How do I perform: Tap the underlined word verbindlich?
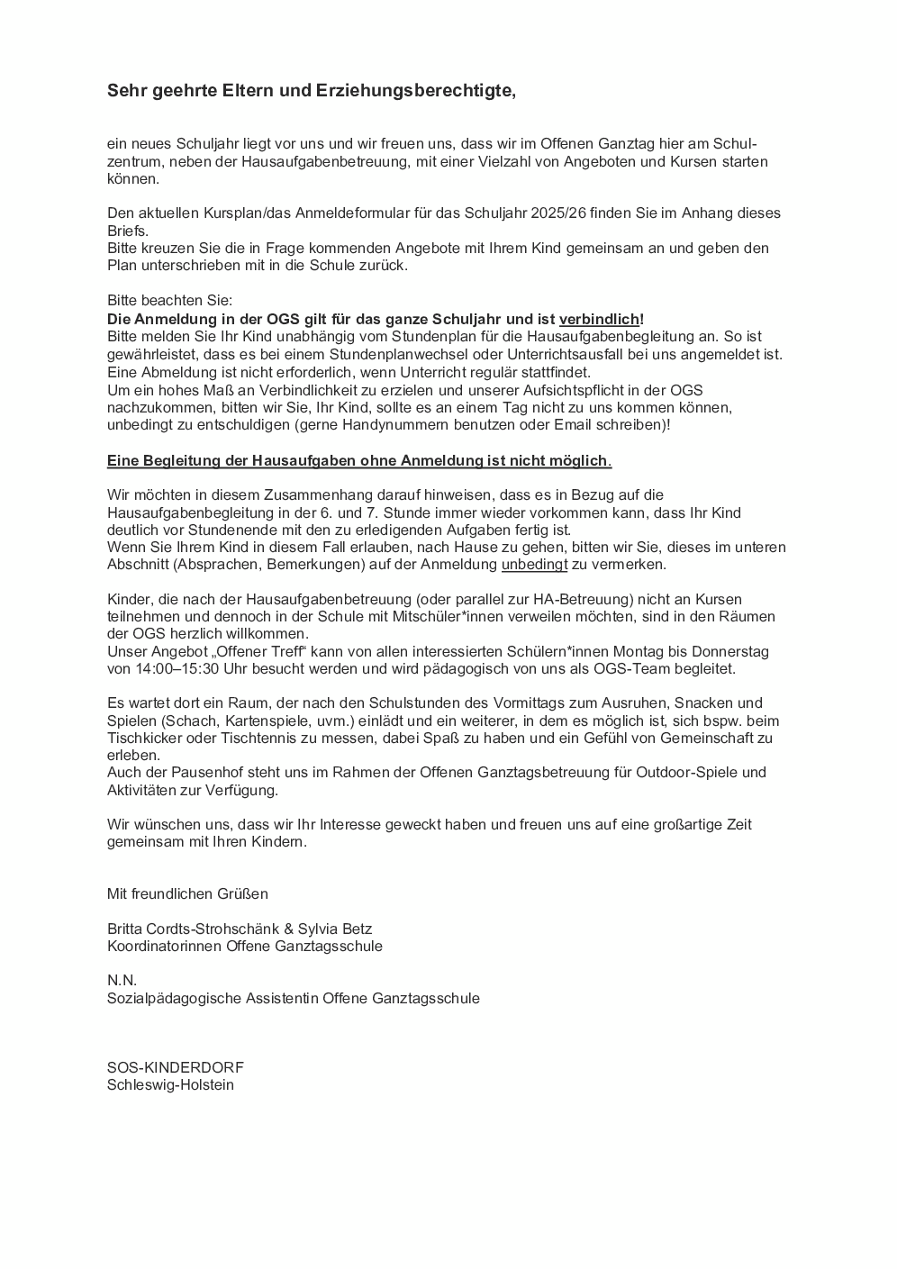[x=599, y=320]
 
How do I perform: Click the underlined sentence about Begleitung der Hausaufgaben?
[x=358, y=461]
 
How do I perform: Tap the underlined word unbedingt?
[x=534, y=565]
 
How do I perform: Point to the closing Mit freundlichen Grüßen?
[x=187, y=894]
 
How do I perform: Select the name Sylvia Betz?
[x=334, y=929]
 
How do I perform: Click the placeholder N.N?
[x=122, y=981]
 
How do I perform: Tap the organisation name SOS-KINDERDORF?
[x=175, y=1068]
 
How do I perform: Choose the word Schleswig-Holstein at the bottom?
[x=170, y=1085]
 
